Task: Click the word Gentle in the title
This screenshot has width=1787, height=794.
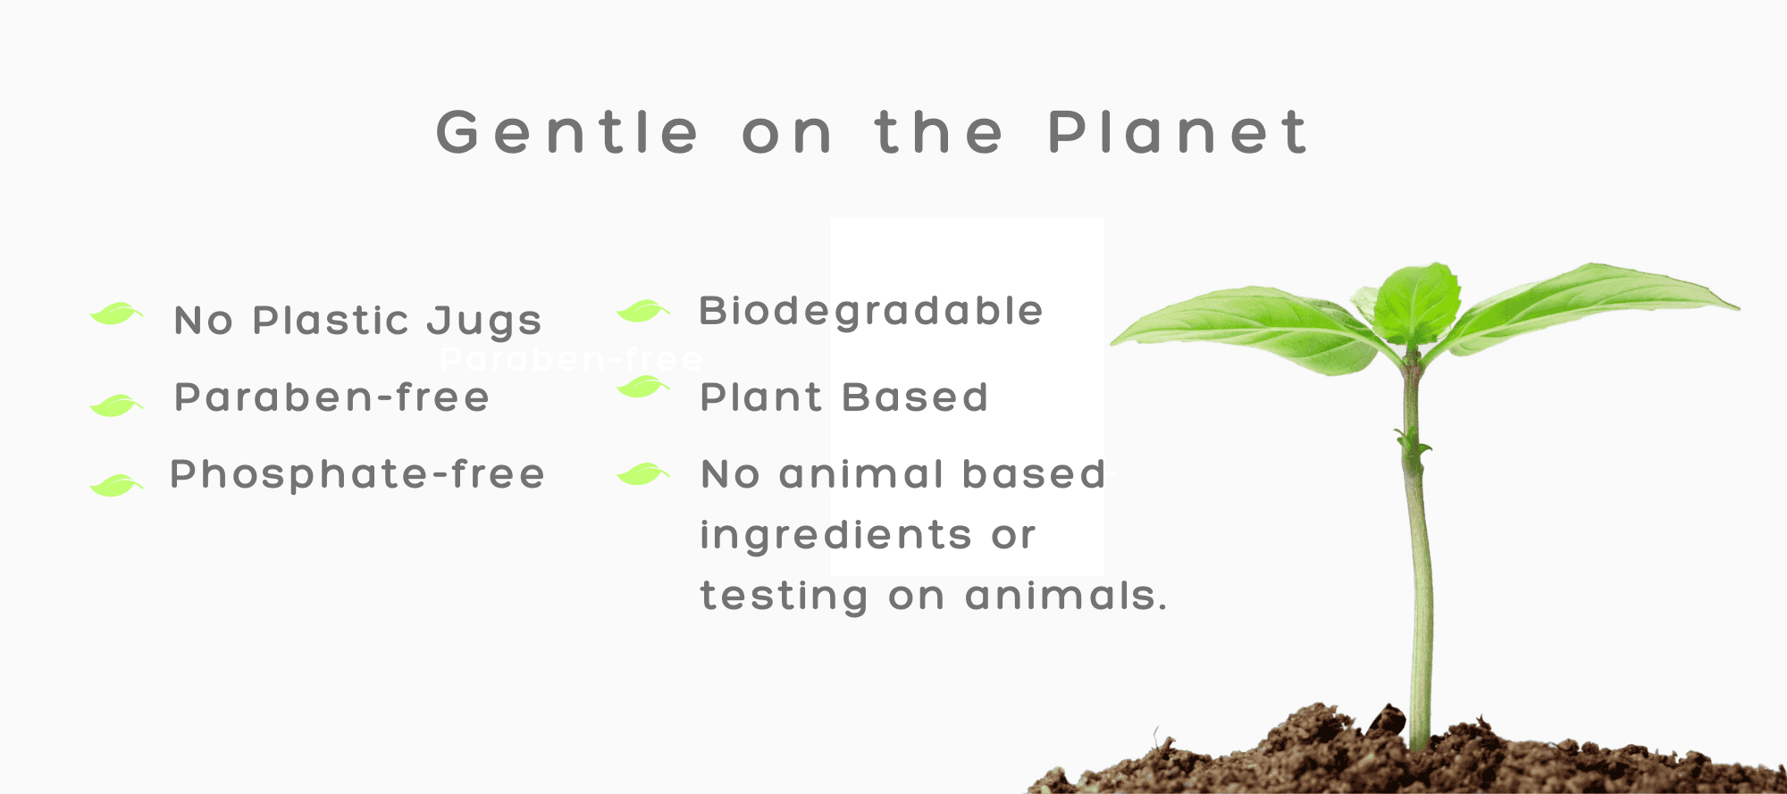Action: (x=567, y=132)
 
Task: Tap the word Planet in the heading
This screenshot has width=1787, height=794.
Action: (x=1178, y=132)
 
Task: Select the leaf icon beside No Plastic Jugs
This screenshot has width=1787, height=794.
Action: (x=116, y=313)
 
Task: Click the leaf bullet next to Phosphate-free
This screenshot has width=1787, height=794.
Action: (x=116, y=484)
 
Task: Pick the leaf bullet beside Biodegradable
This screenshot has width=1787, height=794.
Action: (x=643, y=310)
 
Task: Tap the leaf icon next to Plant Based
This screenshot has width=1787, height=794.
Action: (x=643, y=387)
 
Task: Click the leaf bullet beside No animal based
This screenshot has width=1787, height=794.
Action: (x=643, y=473)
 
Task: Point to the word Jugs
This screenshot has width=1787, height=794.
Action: (x=484, y=322)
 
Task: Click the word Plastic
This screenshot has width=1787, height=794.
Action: (x=331, y=320)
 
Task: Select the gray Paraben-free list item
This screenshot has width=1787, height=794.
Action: (x=331, y=397)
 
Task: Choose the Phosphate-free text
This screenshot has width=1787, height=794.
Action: (x=357, y=474)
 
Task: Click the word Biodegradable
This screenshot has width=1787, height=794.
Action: (x=871, y=312)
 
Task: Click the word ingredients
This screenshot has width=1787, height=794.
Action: (x=836, y=536)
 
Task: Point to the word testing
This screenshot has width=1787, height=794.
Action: (x=784, y=597)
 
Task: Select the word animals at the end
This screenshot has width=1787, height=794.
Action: (x=1066, y=596)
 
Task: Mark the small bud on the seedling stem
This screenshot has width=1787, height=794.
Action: (x=1412, y=444)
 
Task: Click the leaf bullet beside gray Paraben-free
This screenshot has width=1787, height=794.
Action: (x=116, y=405)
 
